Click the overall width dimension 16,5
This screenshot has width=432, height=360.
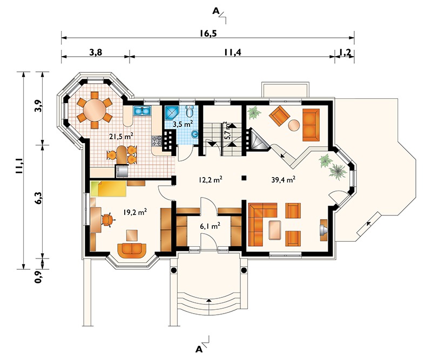point(207,33)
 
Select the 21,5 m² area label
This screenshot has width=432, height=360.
point(122,137)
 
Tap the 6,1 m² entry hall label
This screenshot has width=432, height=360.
point(208,227)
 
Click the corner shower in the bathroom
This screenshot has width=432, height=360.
point(172,113)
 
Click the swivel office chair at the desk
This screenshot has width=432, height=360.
point(107,220)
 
